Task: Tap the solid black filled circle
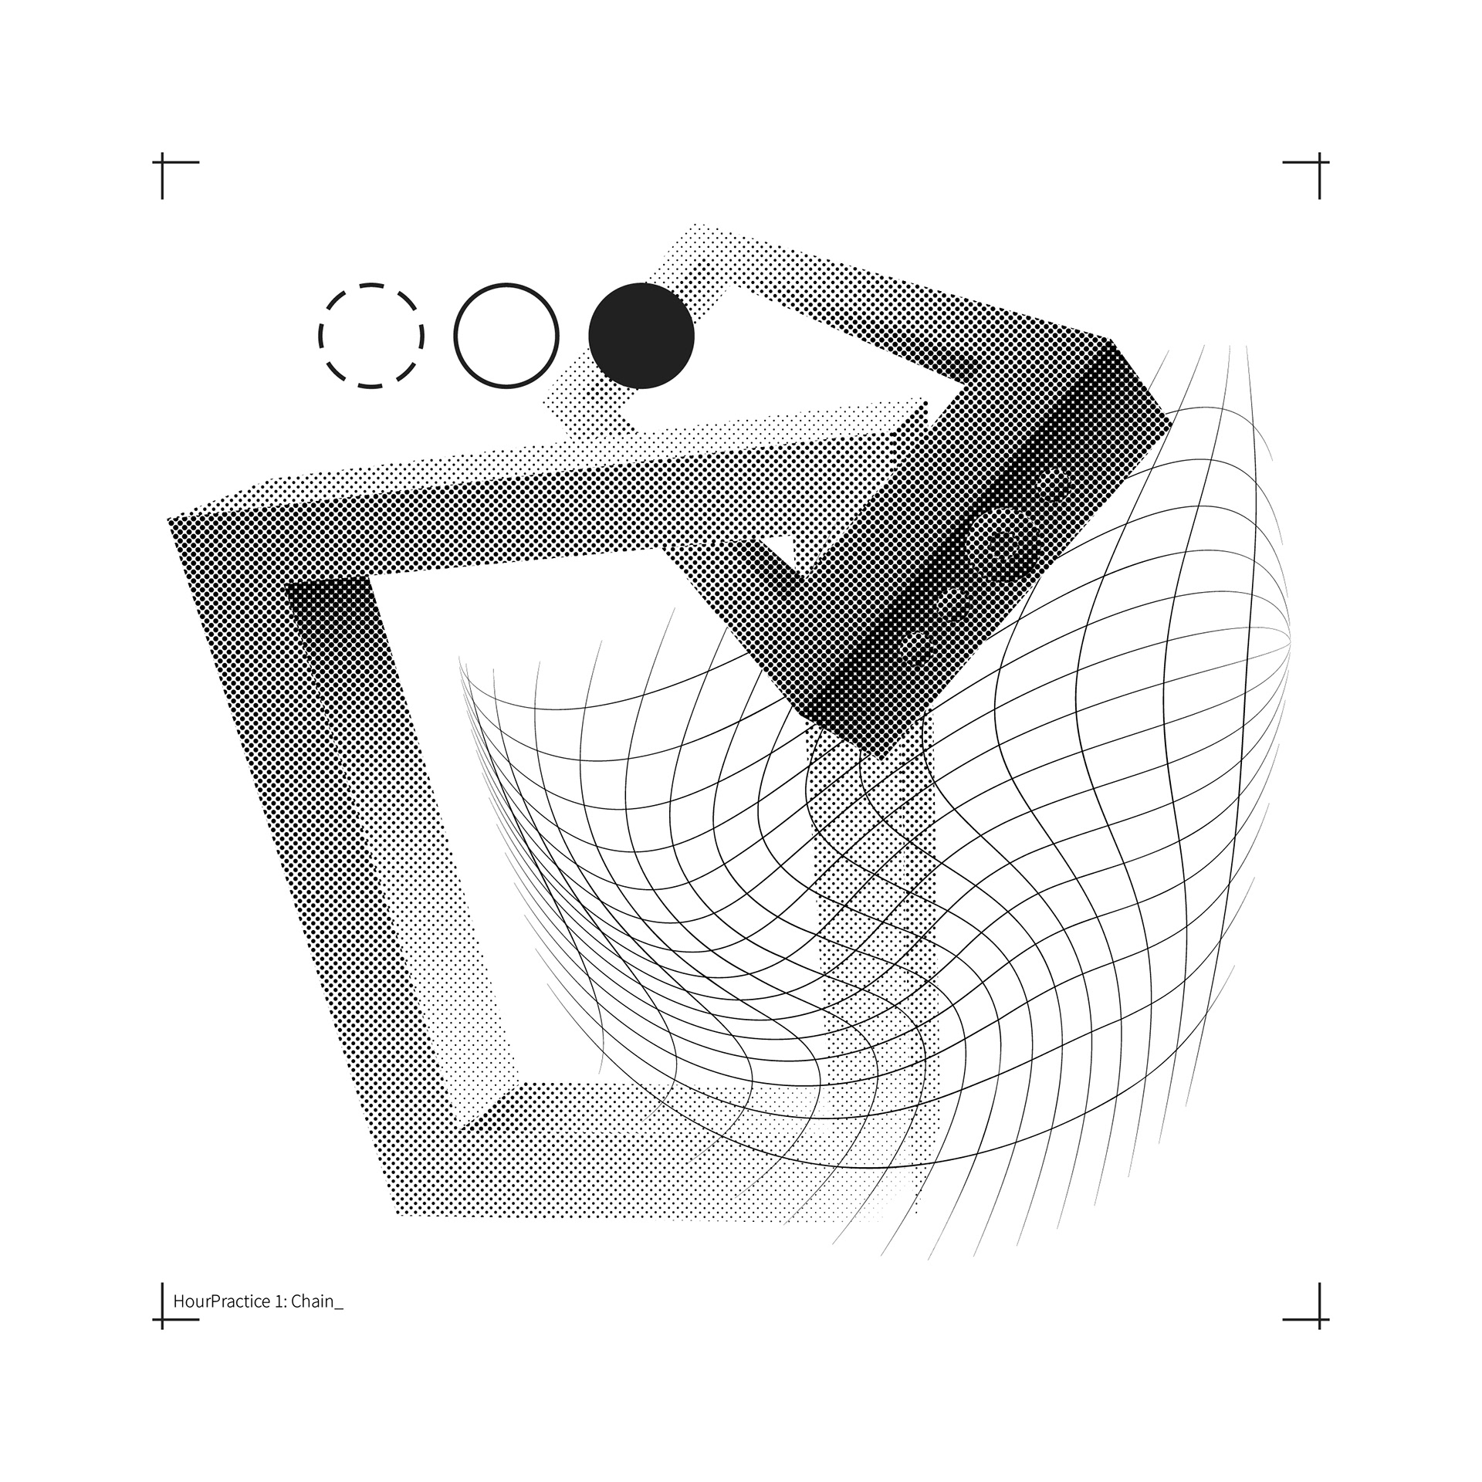[x=641, y=336]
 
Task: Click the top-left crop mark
[x=162, y=162]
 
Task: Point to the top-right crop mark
[x=1319, y=162]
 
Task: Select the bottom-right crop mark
[x=1319, y=1319]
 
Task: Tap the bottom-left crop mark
[x=162, y=1319]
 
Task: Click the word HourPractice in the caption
[x=222, y=1301]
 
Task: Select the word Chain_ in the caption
[x=317, y=1301]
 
